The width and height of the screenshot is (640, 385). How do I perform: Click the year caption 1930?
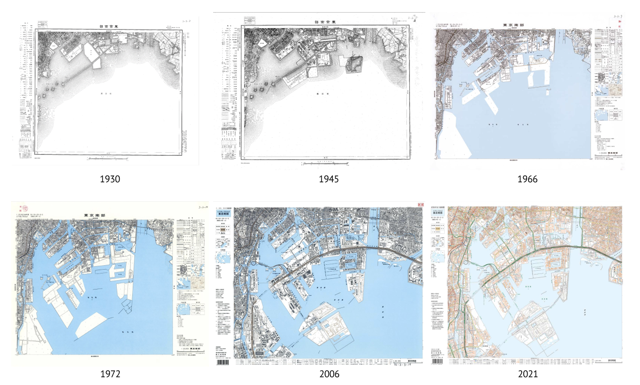point(110,179)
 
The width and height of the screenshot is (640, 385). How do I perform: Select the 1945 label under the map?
point(328,179)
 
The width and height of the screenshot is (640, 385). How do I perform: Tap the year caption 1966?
point(527,179)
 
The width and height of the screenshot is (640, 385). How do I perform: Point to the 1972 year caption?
point(110,374)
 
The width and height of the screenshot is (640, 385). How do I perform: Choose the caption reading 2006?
point(329,374)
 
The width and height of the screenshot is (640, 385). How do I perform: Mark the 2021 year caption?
point(527,374)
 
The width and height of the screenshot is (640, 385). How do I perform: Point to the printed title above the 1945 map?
point(326,22)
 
